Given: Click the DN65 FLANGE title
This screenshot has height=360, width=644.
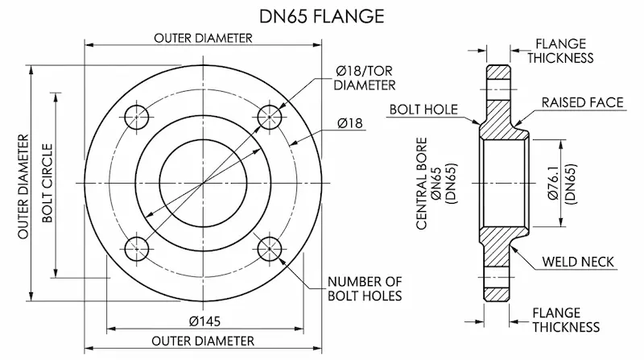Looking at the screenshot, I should tap(322, 15).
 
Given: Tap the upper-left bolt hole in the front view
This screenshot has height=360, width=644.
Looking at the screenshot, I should tap(138, 118).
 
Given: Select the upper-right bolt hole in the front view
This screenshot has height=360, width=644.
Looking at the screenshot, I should tap(269, 118).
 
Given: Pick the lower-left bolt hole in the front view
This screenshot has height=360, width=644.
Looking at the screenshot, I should tap(138, 248).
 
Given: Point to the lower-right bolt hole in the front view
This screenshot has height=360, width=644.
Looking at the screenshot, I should tap(269, 248).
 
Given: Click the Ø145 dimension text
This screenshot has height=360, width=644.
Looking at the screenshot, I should tap(204, 320).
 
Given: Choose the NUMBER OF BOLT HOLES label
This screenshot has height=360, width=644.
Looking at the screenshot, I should tap(365, 288).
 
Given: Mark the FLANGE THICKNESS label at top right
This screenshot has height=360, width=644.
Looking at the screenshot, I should tap(563, 51).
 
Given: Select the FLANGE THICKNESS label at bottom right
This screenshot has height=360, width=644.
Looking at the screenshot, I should tap(566, 320).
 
